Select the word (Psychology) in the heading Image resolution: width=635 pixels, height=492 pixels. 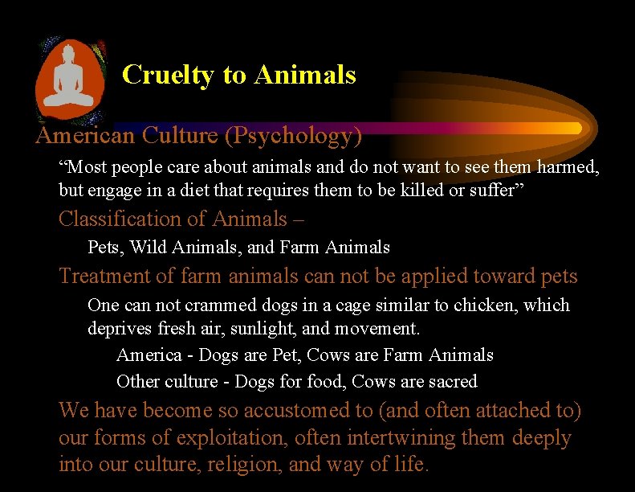pos(293,136)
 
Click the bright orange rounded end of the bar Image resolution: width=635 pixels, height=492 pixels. pos(572,128)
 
